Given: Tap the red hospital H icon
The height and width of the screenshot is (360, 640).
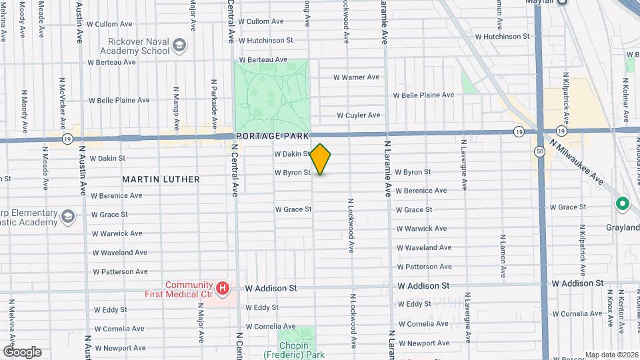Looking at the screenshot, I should coord(223,289).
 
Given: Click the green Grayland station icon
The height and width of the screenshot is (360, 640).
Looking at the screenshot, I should coord(622,204).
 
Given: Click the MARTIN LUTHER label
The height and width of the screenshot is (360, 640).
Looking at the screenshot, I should coord(161,179).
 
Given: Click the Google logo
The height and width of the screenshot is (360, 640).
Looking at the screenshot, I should coord(21,351).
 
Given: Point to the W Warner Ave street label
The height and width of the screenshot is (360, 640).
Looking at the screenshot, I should coord(356,77).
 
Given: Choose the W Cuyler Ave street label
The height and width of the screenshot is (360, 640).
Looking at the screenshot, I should coord(358,115).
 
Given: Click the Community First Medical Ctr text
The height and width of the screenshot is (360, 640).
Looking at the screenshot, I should coord(179,289).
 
